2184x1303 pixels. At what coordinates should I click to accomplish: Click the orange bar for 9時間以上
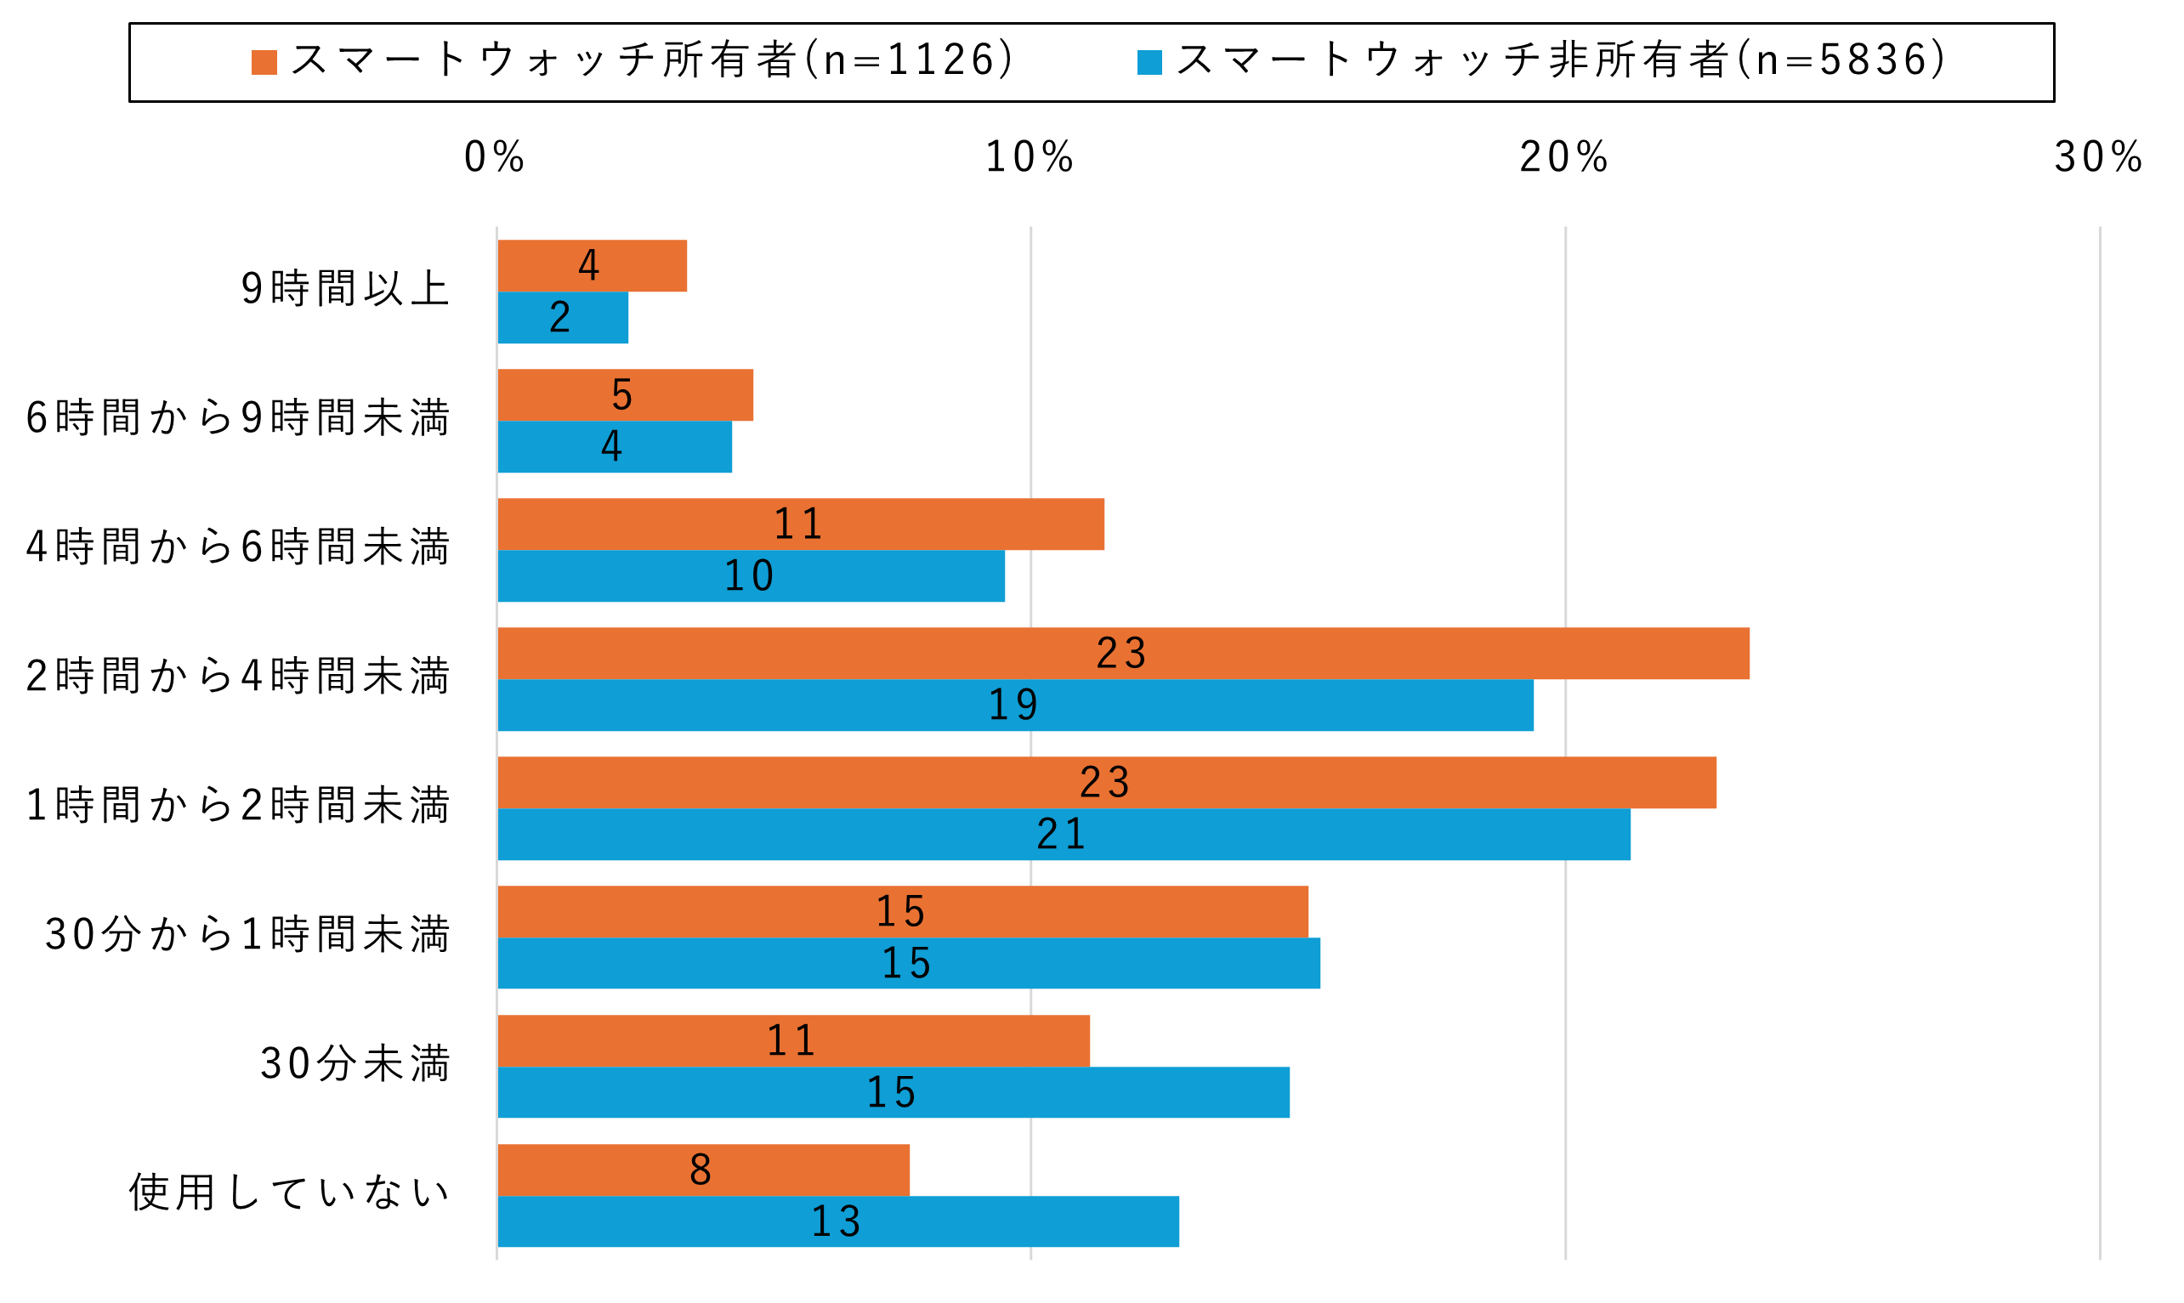(592, 265)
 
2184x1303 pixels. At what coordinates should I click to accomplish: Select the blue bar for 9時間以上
(563, 317)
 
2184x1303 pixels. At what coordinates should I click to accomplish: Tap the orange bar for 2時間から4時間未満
(1123, 654)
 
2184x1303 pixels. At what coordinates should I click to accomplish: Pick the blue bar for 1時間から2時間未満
(1064, 834)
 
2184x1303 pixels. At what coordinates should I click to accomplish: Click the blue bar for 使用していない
(837, 1221)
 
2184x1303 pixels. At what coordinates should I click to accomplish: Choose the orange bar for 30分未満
(793, 1040)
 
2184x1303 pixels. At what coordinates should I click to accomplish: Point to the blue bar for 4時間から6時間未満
(751, 576)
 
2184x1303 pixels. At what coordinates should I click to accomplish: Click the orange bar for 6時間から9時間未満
(624, 395)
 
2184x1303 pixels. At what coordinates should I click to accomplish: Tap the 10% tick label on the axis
(1030, 158)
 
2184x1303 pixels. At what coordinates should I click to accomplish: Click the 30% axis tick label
(2098, 158)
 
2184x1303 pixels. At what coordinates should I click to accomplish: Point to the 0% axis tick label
(495, 158)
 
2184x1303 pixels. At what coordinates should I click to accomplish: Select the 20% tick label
(1564, 158)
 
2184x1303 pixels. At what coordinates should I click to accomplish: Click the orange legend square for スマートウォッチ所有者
(264, 62)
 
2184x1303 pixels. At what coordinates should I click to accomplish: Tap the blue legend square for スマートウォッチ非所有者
(1149, 62)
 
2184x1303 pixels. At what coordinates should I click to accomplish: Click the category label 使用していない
(290, 1193)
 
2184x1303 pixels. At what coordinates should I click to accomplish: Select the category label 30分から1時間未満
(247, 934)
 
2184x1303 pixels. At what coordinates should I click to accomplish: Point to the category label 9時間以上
(345, 289)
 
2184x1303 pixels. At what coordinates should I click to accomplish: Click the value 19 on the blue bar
(1014, 705)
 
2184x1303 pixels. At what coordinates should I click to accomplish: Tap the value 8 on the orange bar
(701, 1170)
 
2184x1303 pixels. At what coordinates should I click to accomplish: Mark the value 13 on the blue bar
(836, 1221)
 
